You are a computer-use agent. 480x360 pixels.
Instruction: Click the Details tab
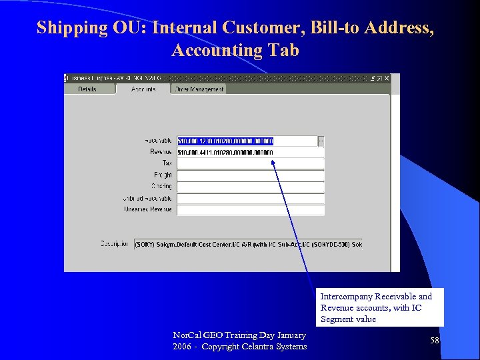pos(87,89)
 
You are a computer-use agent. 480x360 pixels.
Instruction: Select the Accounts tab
pos(143,89)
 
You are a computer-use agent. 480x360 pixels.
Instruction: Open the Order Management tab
pos(199,89)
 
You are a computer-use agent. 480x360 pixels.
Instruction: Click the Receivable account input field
pos(247,141)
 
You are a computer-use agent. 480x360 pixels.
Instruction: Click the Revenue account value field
pos(250,152)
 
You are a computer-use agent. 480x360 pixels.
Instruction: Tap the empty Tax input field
pos(250,163)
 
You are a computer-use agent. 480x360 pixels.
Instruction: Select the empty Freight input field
pos(250,175)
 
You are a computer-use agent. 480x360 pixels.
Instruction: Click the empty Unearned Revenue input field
pos(250,209)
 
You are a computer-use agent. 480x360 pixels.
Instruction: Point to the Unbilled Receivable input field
pos(250,198)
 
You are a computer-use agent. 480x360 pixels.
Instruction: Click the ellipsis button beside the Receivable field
pos(321,141)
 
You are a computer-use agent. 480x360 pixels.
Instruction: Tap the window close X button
pos(387,78)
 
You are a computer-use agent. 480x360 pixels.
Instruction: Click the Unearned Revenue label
pos(148,209)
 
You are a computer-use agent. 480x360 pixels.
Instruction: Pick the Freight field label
pos(163,175)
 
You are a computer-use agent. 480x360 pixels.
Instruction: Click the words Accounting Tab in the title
pos(235,51)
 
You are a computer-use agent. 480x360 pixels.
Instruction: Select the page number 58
pos(435,341)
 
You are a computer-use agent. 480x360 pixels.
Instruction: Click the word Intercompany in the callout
pos(347,297)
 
